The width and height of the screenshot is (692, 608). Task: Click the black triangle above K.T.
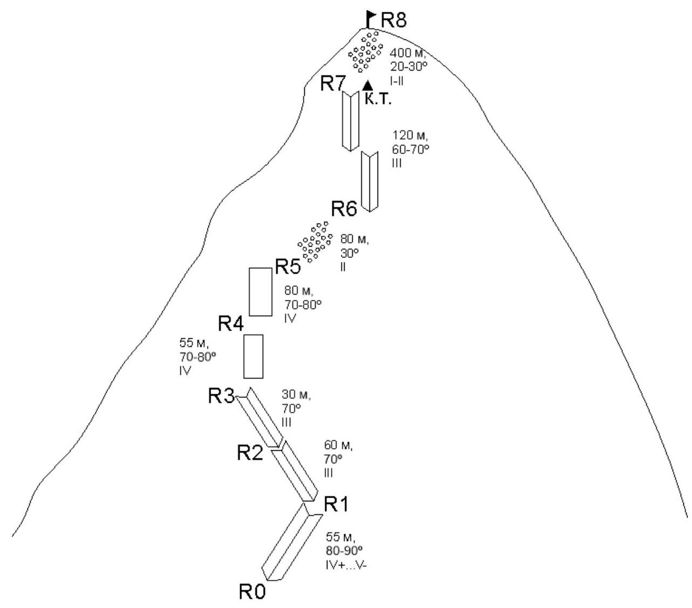(368, 85)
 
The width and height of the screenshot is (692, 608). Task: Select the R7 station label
(333, 84)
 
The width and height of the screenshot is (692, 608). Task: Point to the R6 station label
(344, 209)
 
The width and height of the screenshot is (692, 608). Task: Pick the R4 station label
(231, 324)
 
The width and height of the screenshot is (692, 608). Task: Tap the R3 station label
(221, 396)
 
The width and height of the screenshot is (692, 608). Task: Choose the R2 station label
(250, 453)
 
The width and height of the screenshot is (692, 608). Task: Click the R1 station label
(337, 505)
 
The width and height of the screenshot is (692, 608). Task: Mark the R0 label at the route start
(253, 592)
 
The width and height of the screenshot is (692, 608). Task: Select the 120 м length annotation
(407, 136)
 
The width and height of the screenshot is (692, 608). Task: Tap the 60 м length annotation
(338, 446)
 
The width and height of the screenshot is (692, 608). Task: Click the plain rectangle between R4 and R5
(261, 291)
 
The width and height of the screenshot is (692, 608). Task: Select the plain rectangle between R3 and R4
(253, 357)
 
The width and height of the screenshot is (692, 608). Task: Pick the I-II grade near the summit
(396, 81)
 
